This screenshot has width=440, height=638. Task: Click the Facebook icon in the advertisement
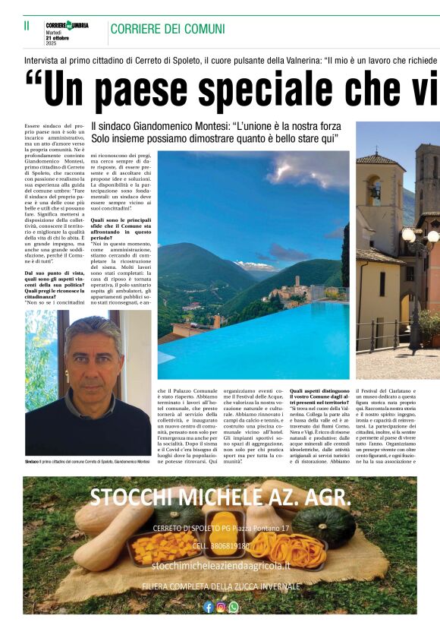pyautogui.click(x=209, y=607)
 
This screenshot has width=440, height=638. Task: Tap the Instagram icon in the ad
pyautogui.click(x=221, y=607)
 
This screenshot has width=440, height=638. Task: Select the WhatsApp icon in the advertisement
pyautogui.click(x=233, y=607)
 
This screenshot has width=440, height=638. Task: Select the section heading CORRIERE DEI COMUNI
pyautogui.click(x=168, y=29)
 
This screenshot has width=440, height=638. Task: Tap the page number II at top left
pyautogui.click(x=27, y=27)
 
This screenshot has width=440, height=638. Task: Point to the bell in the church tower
pyautogui.click(x=375, y=191)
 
